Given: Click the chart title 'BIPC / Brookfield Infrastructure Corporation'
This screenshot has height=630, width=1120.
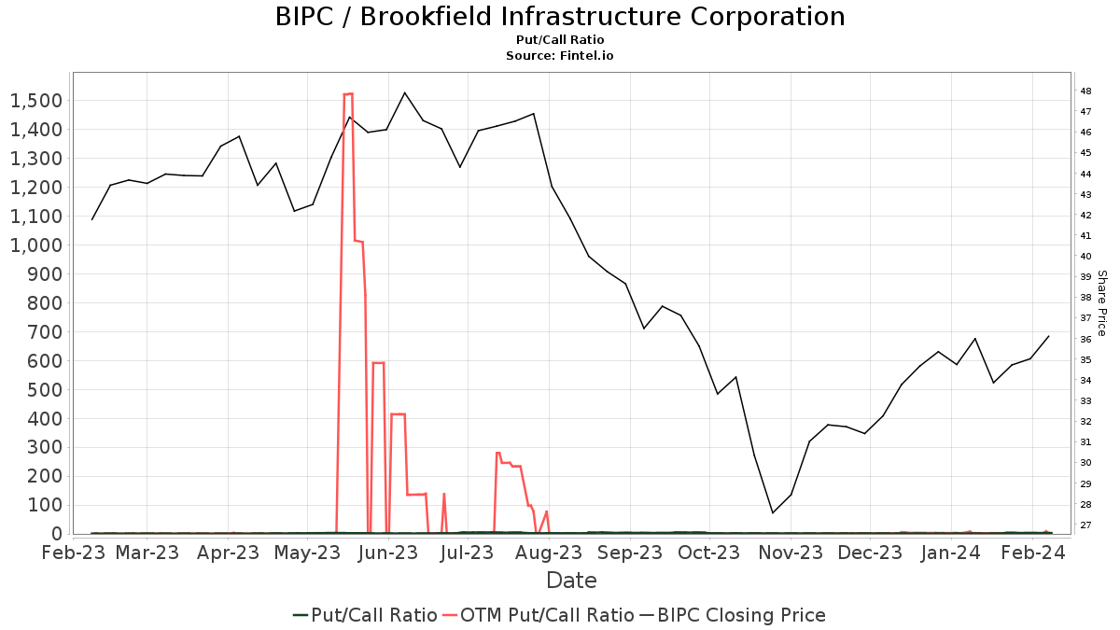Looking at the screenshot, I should [x=560, y=17].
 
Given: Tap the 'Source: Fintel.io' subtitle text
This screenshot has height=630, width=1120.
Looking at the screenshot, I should [x=560, y=56].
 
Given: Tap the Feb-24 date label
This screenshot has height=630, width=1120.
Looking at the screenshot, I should [x=1032, y=553].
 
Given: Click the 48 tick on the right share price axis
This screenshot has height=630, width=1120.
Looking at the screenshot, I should [x=1085, y=91].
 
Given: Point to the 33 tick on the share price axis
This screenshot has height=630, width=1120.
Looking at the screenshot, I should [x=1085, y=401].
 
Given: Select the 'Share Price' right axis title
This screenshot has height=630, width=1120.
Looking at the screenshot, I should [x=1101, y=303].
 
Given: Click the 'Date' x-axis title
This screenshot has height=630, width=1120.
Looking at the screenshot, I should [x=571, y=581].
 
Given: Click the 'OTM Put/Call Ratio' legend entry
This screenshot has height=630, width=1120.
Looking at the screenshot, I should [x=539, y=615].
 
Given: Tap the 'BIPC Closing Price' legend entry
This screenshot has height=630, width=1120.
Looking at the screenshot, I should [x=732, y=615].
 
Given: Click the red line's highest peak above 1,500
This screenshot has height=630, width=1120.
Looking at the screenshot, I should [x=348, y=93].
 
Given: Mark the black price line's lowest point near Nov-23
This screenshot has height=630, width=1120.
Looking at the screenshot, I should [x=773, y=512].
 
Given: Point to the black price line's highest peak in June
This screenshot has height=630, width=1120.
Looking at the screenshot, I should [x=404, y=92].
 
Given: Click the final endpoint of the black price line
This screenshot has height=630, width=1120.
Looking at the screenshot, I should [x=1049, y=336].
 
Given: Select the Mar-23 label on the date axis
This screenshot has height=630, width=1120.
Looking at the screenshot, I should [x=147, y=553].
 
